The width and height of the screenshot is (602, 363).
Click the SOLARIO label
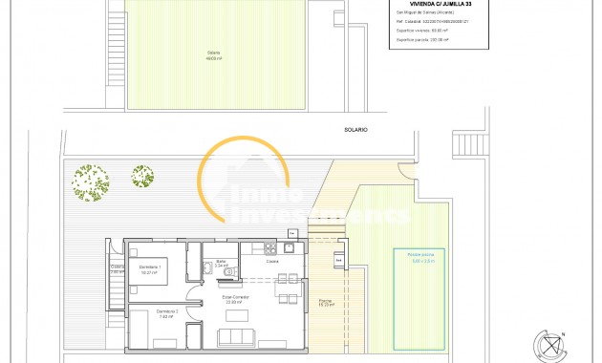point(357,129)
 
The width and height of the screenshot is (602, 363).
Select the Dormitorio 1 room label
point(149,267)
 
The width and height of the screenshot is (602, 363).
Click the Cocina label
point(272,260)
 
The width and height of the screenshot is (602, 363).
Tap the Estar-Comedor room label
point(236,299)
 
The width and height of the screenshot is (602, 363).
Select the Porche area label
point(325,303)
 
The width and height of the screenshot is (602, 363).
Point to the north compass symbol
point(550,345)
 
